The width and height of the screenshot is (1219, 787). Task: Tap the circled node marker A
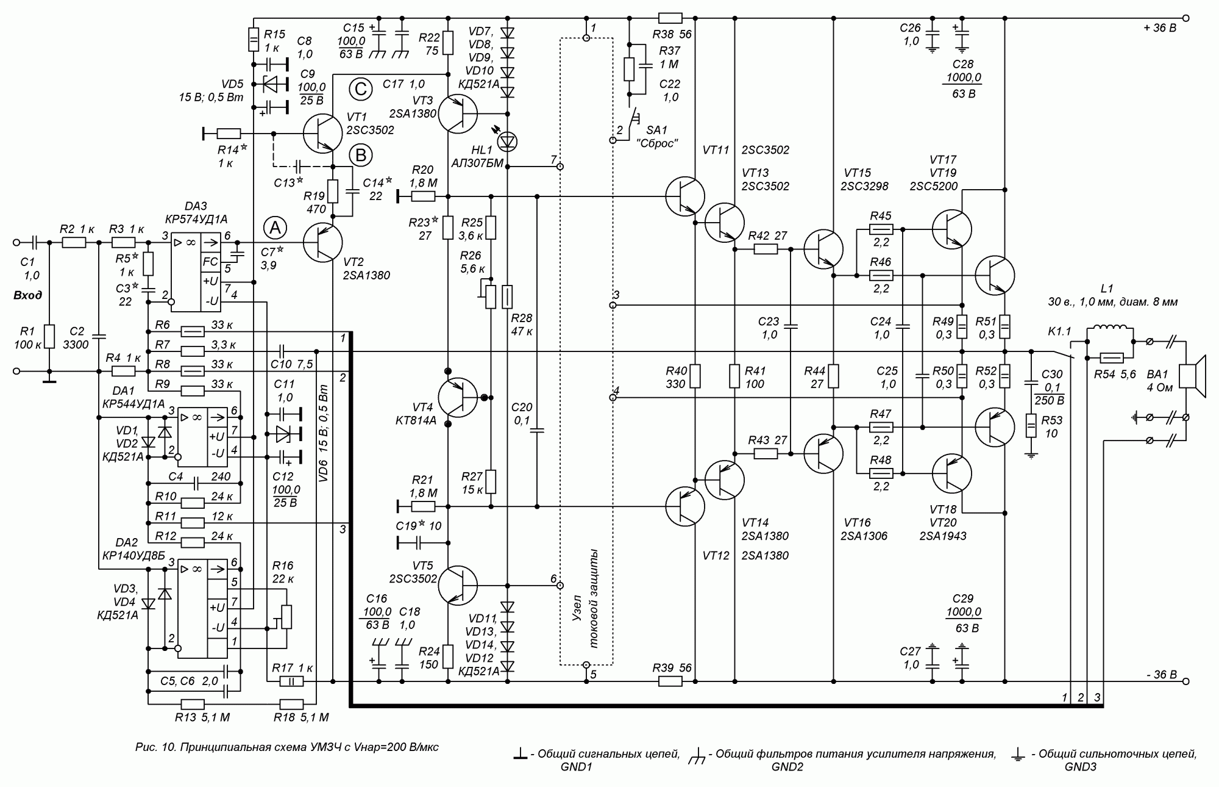(275, 228)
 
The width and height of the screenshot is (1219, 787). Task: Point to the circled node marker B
(360, 156)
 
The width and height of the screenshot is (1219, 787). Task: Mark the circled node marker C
(360, 90)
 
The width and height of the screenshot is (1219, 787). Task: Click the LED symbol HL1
(507, 142)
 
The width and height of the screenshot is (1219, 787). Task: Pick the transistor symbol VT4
(457, 398)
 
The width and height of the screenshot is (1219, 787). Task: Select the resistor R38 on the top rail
(670, 18)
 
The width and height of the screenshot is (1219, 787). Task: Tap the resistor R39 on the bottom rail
(670, 681)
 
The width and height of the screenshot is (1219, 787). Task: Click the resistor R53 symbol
(1031, 425)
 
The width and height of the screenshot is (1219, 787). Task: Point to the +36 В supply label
(1160, 28)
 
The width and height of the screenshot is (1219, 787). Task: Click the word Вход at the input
(28, 296)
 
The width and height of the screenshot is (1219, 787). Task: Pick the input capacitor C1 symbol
(33, 242)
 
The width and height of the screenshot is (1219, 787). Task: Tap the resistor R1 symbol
(50, 337)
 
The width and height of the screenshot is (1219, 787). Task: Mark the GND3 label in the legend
(1080, 767)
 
